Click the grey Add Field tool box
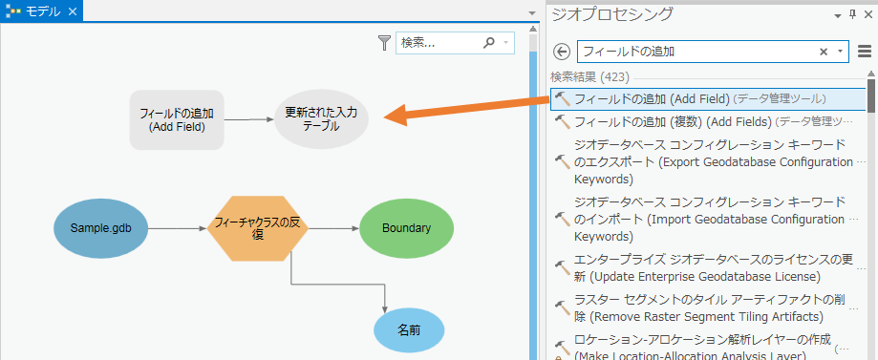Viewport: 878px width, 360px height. coord(177,119)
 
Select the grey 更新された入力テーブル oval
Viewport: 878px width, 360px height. coord(321,119)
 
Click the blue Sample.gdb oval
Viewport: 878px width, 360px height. coord(100,228)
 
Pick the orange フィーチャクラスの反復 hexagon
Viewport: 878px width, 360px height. coord(258,228)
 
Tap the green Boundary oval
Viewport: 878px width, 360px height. coord(407,228)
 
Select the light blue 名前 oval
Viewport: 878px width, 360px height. coord(409,330)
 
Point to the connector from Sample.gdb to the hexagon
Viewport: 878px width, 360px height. coord(178,228)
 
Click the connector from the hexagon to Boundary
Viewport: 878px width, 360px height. coord(333,228)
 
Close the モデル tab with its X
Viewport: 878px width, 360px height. coord(73,11)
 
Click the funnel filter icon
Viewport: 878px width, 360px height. coord(384,43)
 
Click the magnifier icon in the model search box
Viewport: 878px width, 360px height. coord(489,43)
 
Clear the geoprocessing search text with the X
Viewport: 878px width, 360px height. coord(824,52)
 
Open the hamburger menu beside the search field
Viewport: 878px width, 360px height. coord(865,52)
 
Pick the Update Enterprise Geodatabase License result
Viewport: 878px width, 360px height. coord(704,268)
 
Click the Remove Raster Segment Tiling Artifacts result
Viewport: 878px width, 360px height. coord(704,307)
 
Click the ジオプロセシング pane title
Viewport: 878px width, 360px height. coord(611,14)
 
